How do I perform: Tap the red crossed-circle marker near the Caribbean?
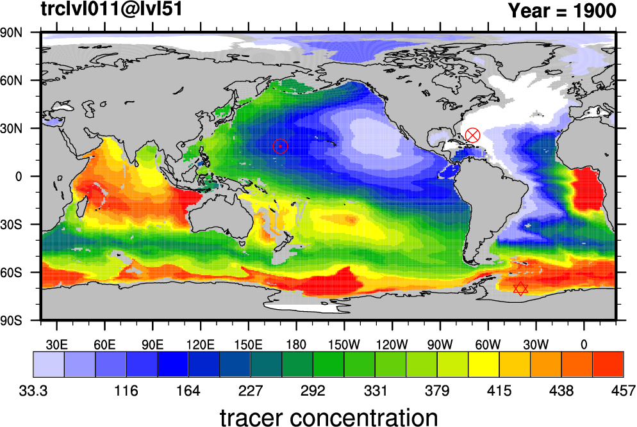click(x=472, y=135)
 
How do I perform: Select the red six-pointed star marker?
click(x=520, y=289)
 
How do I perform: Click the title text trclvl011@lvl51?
click(x=112, y=9)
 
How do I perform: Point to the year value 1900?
click(x=595, y=10)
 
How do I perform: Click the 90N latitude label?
click(x=12, y=33)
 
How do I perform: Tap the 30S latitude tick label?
click(x=12, y=225)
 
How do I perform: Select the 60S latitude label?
click(x=12, y=272)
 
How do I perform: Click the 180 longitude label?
click(x=296, y=345)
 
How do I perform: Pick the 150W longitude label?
click(x=344, y=345)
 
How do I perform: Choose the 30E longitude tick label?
click(x=56, y=345)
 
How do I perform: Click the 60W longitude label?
click(x=488, y=345)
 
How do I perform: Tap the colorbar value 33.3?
click(x=33, y=391)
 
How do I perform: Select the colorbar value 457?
click(x=623, y=391)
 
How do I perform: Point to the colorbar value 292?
click(x=313, y=391)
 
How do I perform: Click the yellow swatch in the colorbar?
click(x=483, y=364)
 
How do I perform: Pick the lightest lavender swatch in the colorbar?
click(x=49, y=364)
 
